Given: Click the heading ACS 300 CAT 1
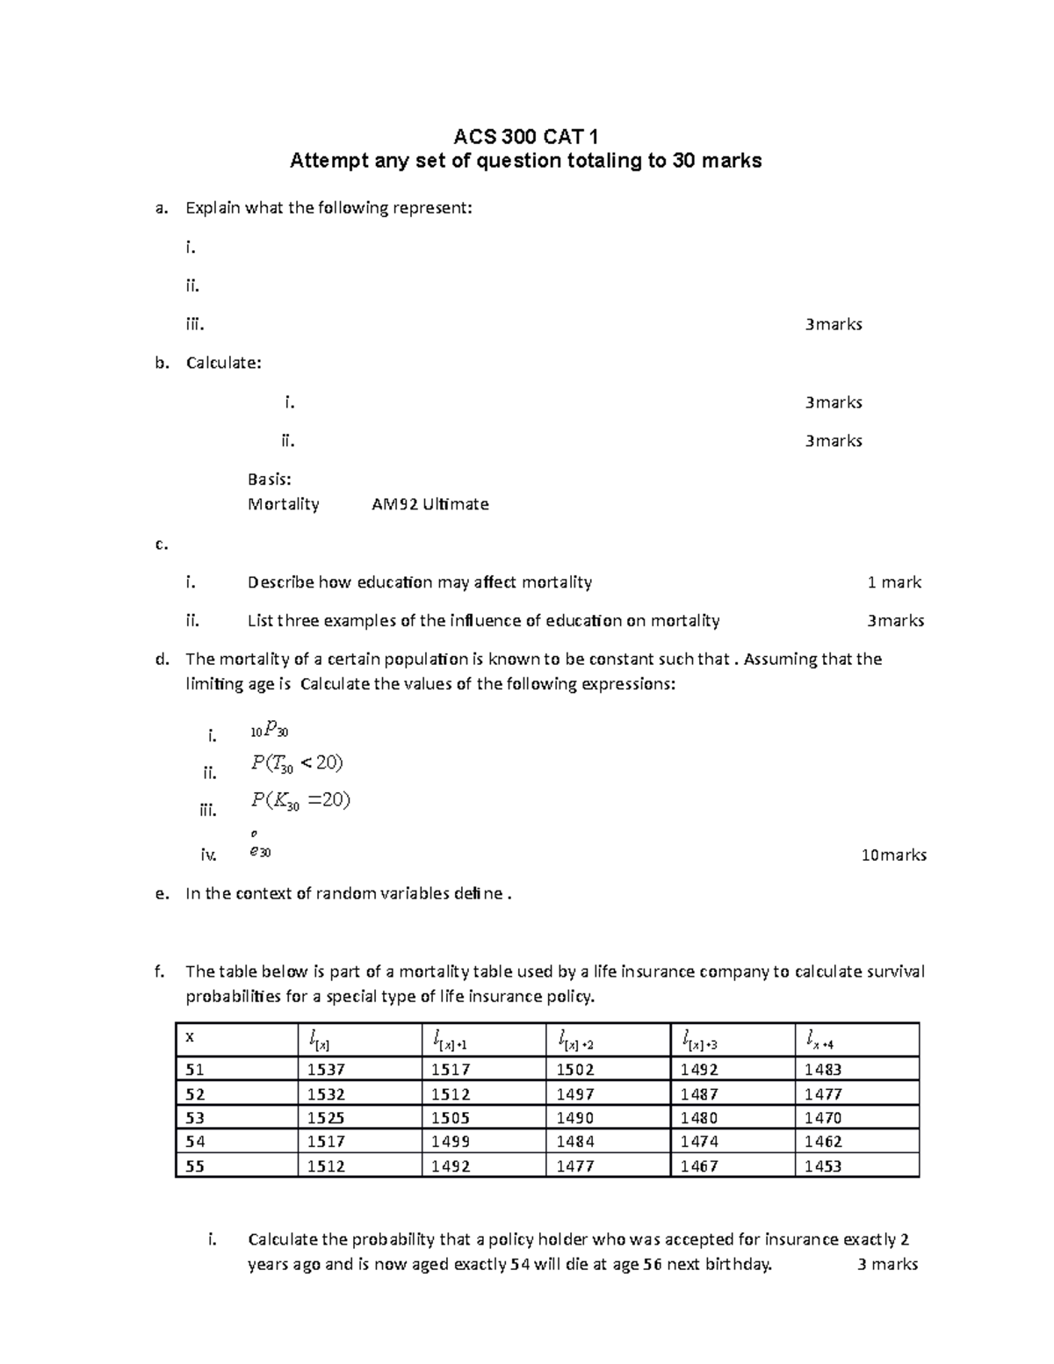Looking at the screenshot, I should pos(525,136).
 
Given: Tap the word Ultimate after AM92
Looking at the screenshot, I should pos(455,504).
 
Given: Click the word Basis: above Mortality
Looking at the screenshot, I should pos(269,480).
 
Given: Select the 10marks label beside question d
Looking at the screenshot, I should pos(893,855).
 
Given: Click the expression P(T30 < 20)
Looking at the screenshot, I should pos(297,763).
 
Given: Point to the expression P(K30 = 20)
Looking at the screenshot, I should pos(300,800).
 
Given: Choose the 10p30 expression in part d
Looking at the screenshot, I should pos(269,729).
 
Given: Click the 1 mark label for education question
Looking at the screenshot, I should pos(894,582).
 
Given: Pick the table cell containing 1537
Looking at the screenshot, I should pos(326,1070).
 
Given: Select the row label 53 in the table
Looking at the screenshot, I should pos(195,1118).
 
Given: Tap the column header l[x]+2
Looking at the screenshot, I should pos(576,1042).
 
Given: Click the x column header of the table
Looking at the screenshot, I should pos(190,1037).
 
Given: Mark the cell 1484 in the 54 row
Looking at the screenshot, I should pos(575,1142).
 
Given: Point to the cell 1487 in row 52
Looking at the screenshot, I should pos(699,1094).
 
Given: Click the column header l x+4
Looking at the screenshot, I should pos(819,1042).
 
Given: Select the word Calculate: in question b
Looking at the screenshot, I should pos(223,363).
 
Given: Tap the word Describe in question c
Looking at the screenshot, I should pos(280,582).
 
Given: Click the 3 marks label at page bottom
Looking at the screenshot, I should pos(887,1264).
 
